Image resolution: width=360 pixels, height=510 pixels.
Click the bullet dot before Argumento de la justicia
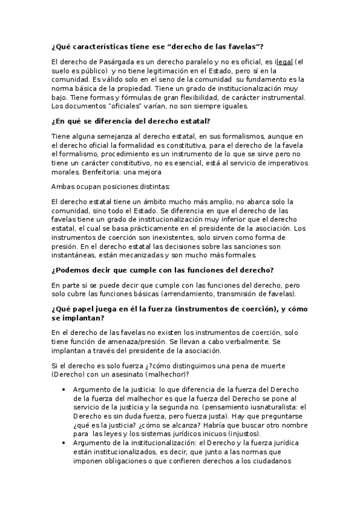click(x=64, y=390)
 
